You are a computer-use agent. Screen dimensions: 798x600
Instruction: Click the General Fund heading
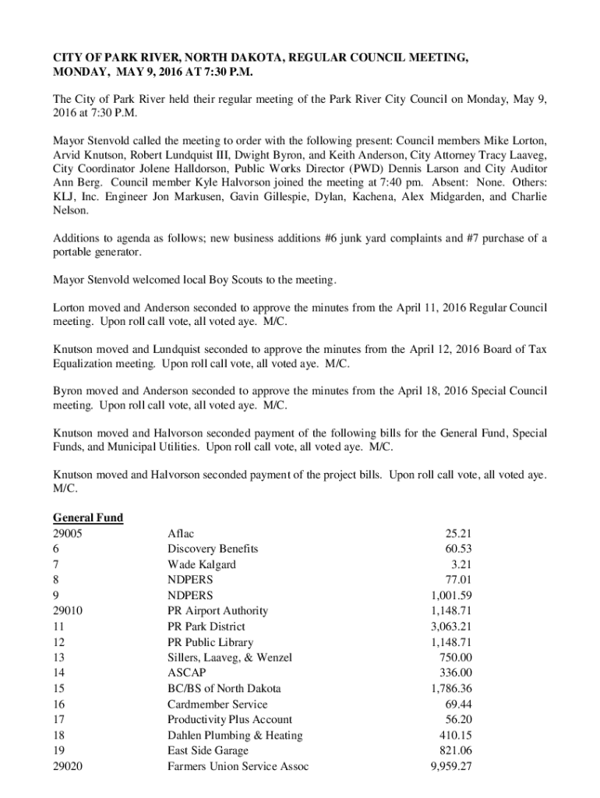(88, 517)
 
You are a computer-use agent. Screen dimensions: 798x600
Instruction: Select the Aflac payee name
(181, 533)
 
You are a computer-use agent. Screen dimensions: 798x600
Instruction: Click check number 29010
(69, 611)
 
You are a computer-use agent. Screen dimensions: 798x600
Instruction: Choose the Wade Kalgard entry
(201, 564)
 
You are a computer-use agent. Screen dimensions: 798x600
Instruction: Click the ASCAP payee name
(185, 673)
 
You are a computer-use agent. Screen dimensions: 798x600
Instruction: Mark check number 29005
(69, 533)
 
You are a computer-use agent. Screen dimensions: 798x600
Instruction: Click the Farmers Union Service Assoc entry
(238, 766)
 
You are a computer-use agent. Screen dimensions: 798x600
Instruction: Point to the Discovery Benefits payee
(213, 549)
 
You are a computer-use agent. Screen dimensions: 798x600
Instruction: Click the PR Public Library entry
(210, 642)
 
